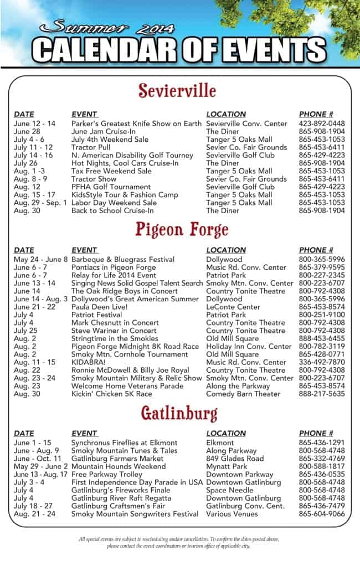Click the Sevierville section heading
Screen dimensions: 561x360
pyautogui.click(x=177, y=90)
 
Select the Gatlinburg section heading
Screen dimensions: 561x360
pyautogui.click(x=179, y=413)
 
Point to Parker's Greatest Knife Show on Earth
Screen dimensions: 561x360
pyautogui.click(x=136, y=123)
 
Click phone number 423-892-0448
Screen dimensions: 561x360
pyautogui.click(x=321, y=123)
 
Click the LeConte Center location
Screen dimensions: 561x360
pyautogui.click(x=233, y=307)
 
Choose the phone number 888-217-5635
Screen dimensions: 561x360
pyautogui.click(x=321, y=394)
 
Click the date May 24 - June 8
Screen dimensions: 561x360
pyautogui.click(x=40, y=259)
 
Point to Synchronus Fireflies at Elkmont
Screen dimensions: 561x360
pyautogui.click(x=124, y=442)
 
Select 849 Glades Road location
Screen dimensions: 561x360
pyautogui.click(x=235, y=459)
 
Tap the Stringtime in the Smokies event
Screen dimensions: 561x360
pyautogui.click(x=115, y=338)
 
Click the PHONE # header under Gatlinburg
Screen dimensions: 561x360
pyautogui.click(x=316, y=433)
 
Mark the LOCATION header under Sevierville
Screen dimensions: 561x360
pyautogui.click(x=225, y=114)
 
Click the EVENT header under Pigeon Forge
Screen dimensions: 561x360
pyautogui.click(x=84, y=250)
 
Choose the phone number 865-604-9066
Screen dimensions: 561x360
pyautogui.click(x=321, y=514)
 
